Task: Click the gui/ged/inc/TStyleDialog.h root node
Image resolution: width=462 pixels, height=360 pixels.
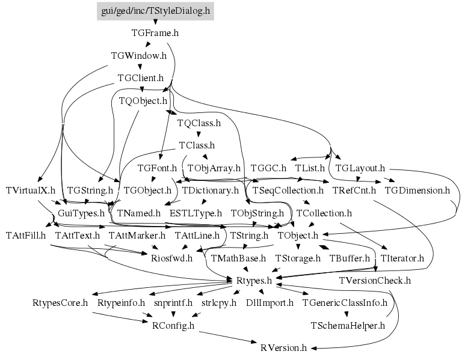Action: click(155, 11)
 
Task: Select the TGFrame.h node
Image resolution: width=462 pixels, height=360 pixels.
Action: click(155, 33)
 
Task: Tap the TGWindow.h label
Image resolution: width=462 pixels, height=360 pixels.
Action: click(139, 56)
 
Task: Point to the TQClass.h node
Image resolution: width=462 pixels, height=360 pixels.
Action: click(199, 123)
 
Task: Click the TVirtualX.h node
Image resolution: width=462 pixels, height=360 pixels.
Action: click(30, 191)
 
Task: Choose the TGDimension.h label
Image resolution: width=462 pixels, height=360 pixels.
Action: click(417, 191)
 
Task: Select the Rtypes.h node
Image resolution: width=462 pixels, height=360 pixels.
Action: click(254, 281)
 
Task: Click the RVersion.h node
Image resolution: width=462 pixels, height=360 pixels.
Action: click(284, 348)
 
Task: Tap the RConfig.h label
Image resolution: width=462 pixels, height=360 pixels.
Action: click(173, 326)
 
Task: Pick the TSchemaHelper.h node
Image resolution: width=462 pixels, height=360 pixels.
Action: click(348, 326)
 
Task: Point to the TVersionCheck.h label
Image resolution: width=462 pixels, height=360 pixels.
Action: click(375, 281)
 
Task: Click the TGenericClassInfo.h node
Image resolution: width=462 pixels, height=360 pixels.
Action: click(345, 303)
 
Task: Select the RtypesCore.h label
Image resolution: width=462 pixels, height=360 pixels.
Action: click(60, 303)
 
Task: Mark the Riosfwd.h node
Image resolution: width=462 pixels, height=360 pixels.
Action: click(171, 258)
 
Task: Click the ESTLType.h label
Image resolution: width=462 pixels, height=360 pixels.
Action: click(196, 213)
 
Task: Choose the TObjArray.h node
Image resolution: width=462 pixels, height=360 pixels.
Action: click(214, 168)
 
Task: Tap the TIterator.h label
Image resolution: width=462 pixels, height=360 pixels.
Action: click(402, 258)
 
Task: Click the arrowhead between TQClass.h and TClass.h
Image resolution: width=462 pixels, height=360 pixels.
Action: click(199, 136)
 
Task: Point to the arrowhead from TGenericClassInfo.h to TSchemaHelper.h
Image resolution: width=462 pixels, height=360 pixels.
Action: click(346, 314)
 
